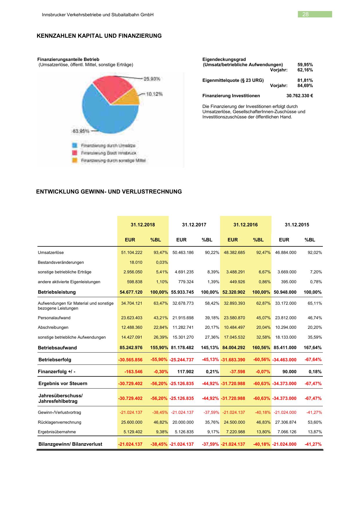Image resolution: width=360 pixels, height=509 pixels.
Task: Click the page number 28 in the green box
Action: click(x=305, y=15)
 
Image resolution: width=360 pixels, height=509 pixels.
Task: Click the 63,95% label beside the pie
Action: click(x=81, y=131)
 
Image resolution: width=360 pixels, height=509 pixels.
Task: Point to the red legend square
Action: click(x=75, y=153)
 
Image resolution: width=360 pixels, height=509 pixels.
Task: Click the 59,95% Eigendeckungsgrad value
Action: click(x=305, y=65)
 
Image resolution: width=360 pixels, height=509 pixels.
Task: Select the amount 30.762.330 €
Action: click(x=299, y=96)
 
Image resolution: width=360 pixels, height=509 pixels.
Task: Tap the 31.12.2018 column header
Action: click(x=143, y=225)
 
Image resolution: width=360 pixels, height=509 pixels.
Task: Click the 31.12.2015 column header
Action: click(x=297, y=225)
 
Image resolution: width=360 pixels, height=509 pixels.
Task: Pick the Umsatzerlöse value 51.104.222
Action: click(x=132, y=252)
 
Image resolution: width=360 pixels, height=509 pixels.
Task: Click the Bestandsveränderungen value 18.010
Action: click(x=136, y=262)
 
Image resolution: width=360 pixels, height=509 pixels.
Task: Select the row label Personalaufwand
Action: click(x=54, y=318)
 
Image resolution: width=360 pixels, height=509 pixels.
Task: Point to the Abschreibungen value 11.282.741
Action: click(x=183, y=327)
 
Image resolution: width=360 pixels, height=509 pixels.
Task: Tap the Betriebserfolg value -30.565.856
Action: click(x=130, y=360)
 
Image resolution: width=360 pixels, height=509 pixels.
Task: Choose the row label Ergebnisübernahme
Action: click(x=57, y=432)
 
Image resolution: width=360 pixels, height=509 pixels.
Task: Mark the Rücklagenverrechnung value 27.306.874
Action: click(x=286, y=422)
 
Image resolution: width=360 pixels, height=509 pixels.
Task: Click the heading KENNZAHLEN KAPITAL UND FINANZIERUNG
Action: click(x=99, y=36)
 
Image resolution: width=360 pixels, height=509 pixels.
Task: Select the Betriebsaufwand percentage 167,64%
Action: click(x=313, y=348)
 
